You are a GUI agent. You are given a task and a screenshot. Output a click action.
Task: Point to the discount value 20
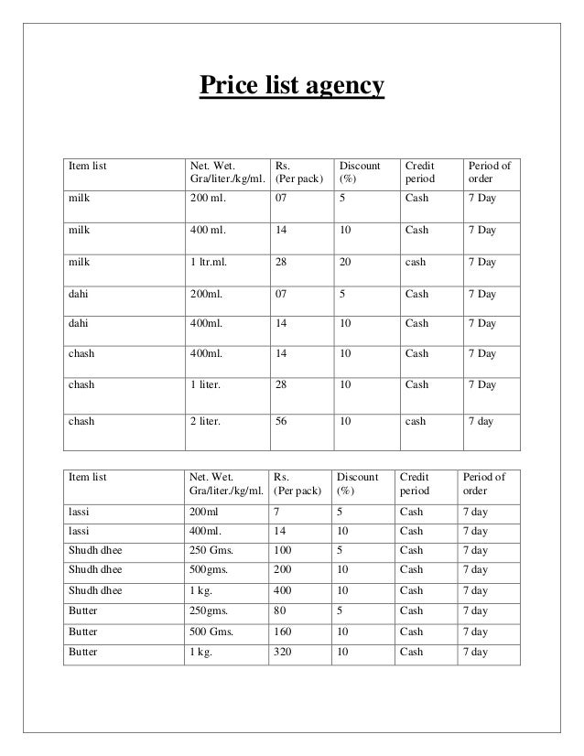pos(344,263)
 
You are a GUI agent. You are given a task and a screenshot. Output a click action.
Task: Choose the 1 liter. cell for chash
pos(208,385)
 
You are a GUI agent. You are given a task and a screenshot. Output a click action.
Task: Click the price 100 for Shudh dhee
pos(282,551)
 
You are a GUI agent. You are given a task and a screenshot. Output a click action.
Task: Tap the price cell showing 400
pos(282,591)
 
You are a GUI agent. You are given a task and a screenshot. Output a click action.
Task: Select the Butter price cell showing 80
pos(279,611)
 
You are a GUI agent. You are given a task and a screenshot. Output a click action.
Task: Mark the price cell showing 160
pos(282,632)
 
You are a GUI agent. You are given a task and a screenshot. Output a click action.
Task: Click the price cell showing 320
pos(282,653)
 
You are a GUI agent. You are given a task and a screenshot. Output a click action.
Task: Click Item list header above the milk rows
pos(89,166)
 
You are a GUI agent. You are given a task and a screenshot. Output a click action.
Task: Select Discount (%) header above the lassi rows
pos(357,484)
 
